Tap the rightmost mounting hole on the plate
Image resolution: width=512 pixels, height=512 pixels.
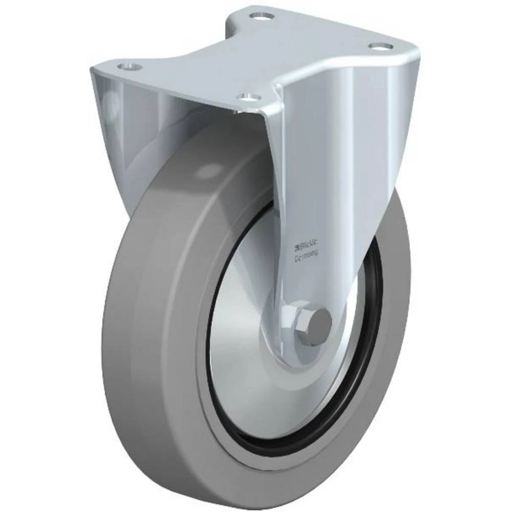(x=380, y=46)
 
